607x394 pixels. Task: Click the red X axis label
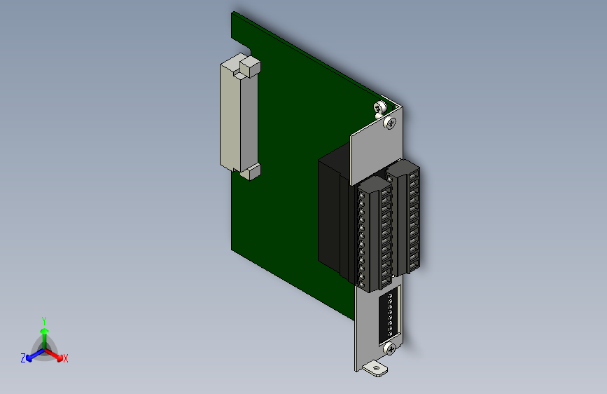[66, 358]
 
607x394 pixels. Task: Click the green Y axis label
[44, 321]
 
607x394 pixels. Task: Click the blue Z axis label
[23, 358]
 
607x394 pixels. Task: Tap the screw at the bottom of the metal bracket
[390, 349]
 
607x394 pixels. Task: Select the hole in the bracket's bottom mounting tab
[375, 368]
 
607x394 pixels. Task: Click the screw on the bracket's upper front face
[390, 123]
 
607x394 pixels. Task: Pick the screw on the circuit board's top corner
[379, 108]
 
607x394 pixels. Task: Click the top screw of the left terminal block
[362, 195]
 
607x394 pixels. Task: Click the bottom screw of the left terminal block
[362, 284]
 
